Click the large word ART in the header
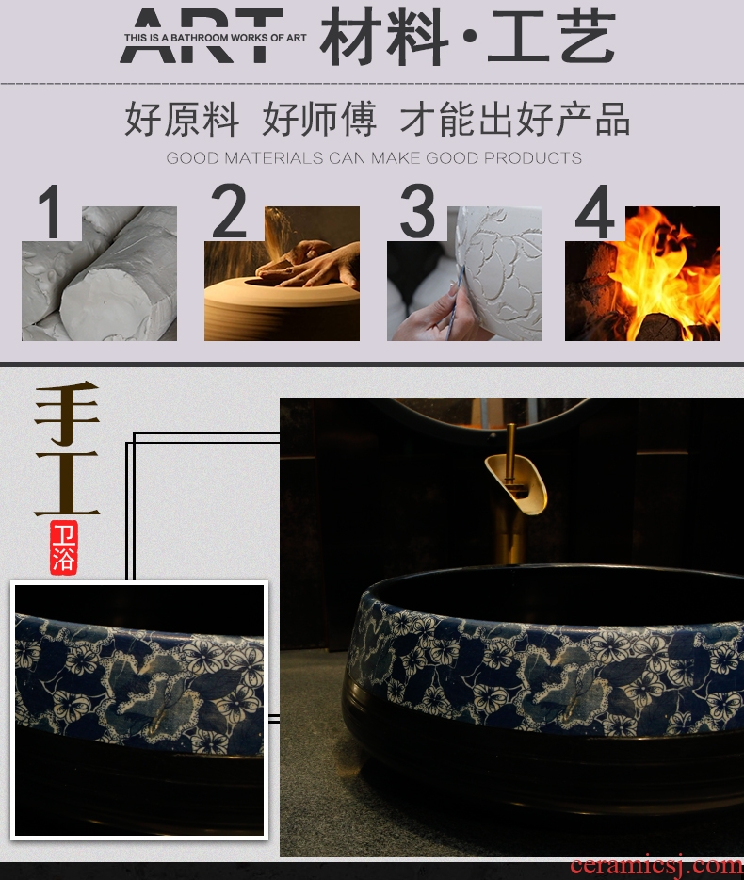(x=202, y=36)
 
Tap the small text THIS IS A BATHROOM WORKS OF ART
(x=216, y=39)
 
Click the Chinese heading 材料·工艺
(x=468, y=37)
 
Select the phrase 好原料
(x=182, y=120)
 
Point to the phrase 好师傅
(x=319, y=120)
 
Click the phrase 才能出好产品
(x=514, y=120)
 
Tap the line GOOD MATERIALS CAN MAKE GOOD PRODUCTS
(x=374, y=158)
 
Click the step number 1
(x=51, y=212)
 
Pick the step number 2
(x=229, y=211)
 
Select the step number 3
(x=417, y=211)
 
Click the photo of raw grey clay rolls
(x=99, y=273)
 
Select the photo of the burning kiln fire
(x=642, y=273)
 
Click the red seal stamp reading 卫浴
(x=63, y=547)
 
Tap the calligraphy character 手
(x=67, y=413)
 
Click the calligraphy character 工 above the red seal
(x=67, y=483)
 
